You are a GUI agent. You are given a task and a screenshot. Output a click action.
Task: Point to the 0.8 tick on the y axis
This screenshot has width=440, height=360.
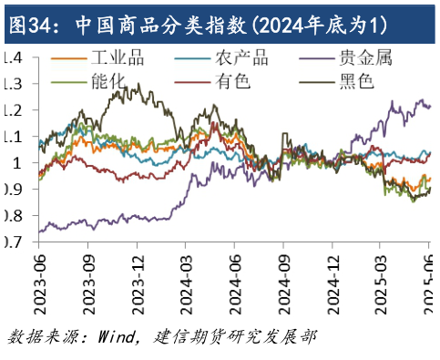pyautogui.click(x=13, y=217)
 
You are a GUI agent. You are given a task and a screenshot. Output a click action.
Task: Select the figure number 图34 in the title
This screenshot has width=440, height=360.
pyautogui.click(x=25, y=21)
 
